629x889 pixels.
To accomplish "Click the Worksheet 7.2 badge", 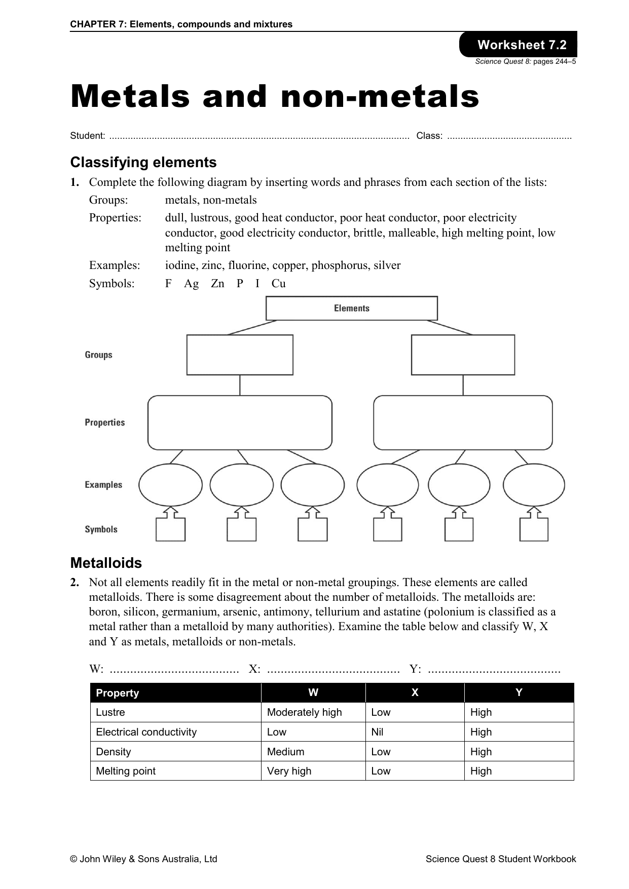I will [x=521, y=45].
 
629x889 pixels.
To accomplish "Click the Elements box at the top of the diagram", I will [x=351, y=308].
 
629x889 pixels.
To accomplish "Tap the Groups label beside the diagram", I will [x=98, y=355].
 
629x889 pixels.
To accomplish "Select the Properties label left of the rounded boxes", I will [x=104, y=422].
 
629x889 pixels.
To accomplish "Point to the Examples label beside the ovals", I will [x=103, y=485].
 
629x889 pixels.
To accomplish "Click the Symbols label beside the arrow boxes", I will [x=101, y=529].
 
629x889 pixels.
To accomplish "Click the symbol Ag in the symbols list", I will [x=191, y=283].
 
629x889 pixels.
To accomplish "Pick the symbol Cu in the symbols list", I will [x=278, y=283].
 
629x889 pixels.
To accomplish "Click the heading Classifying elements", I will [x=143, y=163].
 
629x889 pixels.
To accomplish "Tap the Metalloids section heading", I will [x=106, y=563].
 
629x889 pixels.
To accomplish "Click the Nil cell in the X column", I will [x=377, y=732].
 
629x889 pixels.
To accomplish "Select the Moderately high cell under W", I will [x=304, y=712].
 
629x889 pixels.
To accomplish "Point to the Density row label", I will [x=113, y=752].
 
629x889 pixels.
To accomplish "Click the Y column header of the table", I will [x=519, y=692].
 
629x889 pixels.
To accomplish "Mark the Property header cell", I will [x=117, y=693].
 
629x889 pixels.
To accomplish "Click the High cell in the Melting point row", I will [x=480, y=771].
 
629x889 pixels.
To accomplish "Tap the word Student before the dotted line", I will [x=87, y=136].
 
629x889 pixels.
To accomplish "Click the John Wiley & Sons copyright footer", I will [x=143, y=859].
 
